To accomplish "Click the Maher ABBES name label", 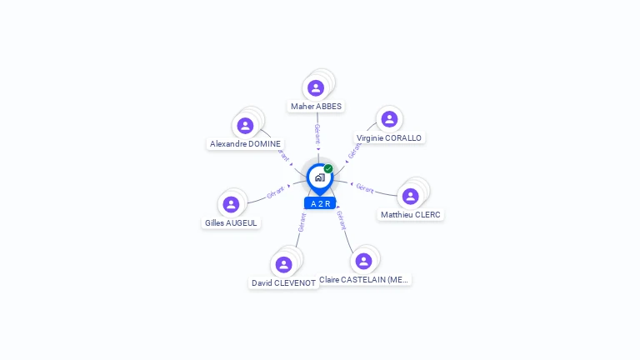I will coord(316,107).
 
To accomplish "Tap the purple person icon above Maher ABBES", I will coord(315,87).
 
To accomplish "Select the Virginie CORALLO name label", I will coord(389,138).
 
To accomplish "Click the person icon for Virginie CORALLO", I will coord(388,119).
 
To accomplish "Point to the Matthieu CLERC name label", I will coord(410,215).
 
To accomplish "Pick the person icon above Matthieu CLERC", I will coord(410,196).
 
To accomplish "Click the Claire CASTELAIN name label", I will coord(364,280).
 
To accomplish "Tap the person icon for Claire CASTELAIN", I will coord(363,261).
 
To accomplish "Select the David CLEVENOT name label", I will coord(283,283).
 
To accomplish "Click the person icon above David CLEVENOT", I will coord(283,264).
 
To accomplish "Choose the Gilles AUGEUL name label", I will coord(232,223).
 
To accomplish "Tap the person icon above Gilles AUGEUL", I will coord(232,204).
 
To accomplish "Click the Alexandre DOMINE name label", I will coord(245,144).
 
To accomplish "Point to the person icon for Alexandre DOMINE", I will coord(245,125).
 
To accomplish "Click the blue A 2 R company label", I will coord(320,203).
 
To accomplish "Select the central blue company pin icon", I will coord(319,177).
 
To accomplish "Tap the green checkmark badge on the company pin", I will coord(328,168).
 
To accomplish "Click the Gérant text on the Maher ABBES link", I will coord(317,133).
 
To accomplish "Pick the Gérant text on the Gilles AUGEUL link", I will coord(276,192).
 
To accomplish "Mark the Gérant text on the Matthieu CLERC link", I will coord(365,187).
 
